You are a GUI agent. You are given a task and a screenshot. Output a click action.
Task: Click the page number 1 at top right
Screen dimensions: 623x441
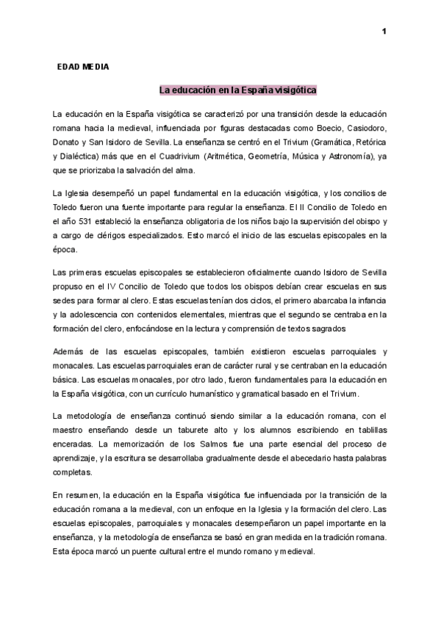click(x=384, y=31)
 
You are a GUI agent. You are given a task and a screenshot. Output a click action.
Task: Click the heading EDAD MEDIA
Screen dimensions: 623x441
click(x=83, y=67)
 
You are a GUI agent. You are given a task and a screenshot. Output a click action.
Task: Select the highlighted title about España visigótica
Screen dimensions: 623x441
click(x=238, y=90)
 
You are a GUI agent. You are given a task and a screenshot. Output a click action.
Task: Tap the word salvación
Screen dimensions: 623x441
click(x=139, y=172)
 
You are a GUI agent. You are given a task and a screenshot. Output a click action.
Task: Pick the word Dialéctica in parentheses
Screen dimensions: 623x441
click(x=83, y=157)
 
